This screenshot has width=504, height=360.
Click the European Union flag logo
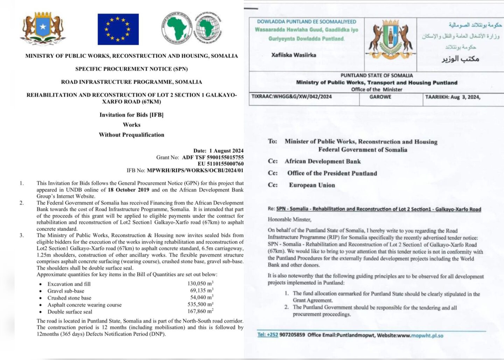point(118,29)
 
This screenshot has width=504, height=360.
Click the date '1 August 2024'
point(226,151)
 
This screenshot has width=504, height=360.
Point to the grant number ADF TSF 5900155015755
point(213,157)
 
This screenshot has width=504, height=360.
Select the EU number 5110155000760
point(220,164)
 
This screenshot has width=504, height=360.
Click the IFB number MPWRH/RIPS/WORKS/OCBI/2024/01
point(195,170)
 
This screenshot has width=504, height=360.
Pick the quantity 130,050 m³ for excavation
point(200,284)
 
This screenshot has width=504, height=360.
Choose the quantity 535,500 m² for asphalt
point(200,304)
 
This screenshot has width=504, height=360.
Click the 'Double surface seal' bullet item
point(70,312)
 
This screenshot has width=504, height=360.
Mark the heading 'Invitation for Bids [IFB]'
point(131,115)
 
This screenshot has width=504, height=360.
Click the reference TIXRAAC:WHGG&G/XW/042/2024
point(292,97)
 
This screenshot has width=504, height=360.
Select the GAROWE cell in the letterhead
point(380,97)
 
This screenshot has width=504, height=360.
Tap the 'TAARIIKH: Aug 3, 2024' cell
point(453,97)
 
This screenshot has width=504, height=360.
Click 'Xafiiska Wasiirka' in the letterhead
point(294,55)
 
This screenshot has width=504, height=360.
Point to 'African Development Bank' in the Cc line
point(322,161)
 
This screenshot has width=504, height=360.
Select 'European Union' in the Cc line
point(312,185)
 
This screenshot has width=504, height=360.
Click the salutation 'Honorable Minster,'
point(289,220)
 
